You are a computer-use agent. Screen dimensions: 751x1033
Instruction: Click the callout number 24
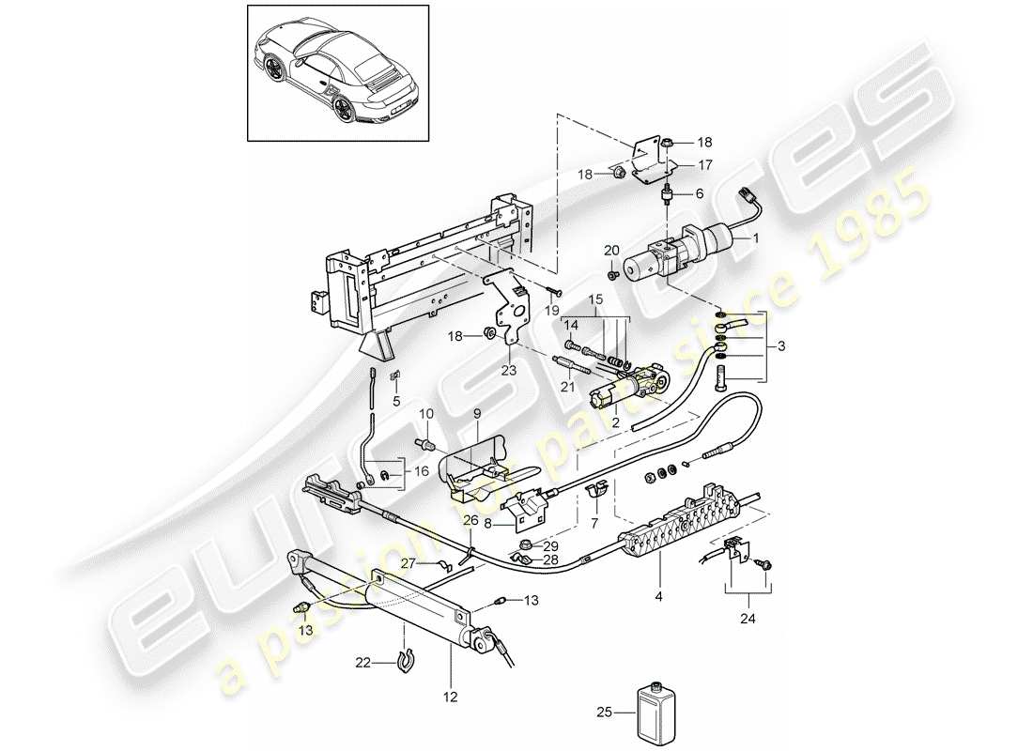748,620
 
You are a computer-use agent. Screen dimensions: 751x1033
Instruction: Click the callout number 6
700,193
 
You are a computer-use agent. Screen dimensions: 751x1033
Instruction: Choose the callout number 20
610,250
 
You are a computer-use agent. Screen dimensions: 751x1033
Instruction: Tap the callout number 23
509,370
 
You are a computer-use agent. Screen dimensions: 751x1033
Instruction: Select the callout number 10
424,414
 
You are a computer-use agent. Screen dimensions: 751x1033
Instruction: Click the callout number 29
551,545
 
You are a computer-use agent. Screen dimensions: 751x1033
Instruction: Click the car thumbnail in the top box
338,71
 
